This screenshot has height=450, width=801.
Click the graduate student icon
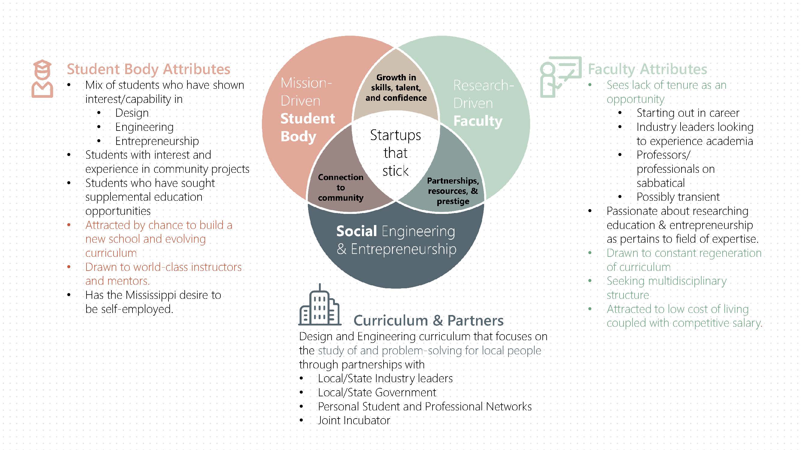pyautogui.click(x=42, y=79)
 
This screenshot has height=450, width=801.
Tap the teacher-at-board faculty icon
pyautogui.click(x=560, y=77)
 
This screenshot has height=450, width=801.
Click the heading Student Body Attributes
pyautogui.click(x=148, y=69)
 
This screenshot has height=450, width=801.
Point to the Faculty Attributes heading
pyautogui.click(x=648, y=69)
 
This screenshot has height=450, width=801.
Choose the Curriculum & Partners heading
pyautogui.click(x=428, y=320)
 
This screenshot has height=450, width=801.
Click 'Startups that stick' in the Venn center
pyautogui.click(x=395, y=153)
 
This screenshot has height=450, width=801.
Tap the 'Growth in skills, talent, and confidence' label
pyautogui.click(x=396, y=88)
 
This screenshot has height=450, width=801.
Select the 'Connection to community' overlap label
pyautogui.click(x=341, y=187)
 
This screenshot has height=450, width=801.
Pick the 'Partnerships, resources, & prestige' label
pyautogui.click(x=453, y=191)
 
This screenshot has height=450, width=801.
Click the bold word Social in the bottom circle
pyautogui.click(x=356, y=231)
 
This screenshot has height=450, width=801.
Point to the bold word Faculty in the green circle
pyautogui.click(x=478, y=121)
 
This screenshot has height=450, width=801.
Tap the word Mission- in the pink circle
pyautogui.click(x=306, y=83)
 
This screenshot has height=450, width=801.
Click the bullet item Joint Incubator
pyautogui.click(x=353, y=420)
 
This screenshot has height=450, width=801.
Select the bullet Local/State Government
pyautogui.click(x=377, y=392)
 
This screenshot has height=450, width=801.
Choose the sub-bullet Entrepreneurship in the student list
pyautogui.click(x=157, y=141)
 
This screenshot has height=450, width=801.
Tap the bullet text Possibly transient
pyautogui.click(x=678, y=196)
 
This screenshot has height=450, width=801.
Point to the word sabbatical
pyautogui.click(x=660, y=183)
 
